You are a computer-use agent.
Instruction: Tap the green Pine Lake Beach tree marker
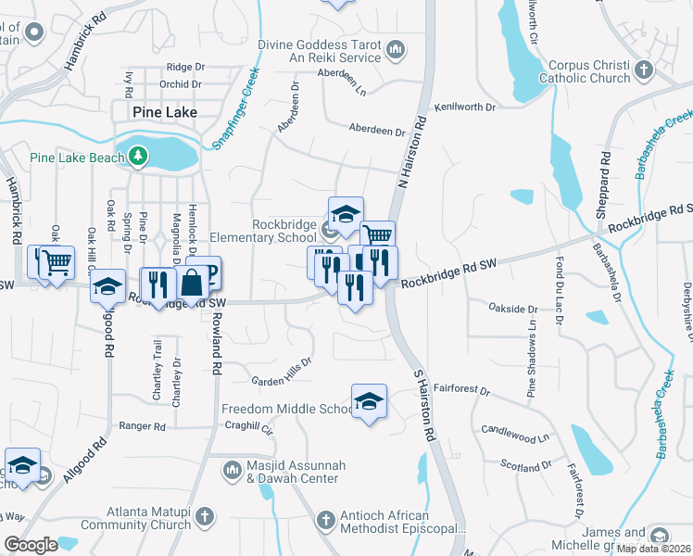(x=138, y=157)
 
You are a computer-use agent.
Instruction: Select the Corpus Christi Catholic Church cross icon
(x=644, y=69)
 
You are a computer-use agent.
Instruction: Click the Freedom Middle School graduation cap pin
(x=369, y=400)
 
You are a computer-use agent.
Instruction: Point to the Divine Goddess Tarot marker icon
(x=396, y=48)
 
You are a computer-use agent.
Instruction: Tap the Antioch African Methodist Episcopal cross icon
(x=325, y=521)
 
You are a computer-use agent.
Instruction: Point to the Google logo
(x=31, y=545)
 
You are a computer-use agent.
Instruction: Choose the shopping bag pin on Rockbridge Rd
(x=193, y=282)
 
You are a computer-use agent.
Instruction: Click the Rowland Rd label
(x=216, y=342)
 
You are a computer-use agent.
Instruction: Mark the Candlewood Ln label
(x=515, y=433)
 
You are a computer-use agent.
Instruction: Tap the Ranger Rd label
(x=142, y=426)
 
